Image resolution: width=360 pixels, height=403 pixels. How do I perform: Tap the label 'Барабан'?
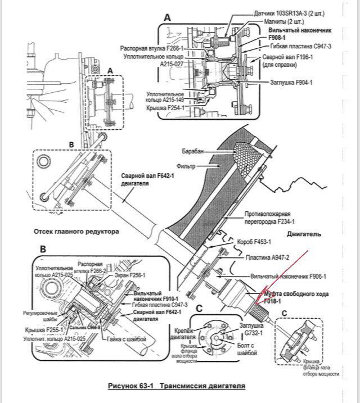(x=193, y=152)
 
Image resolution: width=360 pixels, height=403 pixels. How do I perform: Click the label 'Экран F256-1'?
(x=131, y=275)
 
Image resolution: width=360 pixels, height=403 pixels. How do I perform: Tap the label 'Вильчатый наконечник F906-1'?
(x=289, y=277)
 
